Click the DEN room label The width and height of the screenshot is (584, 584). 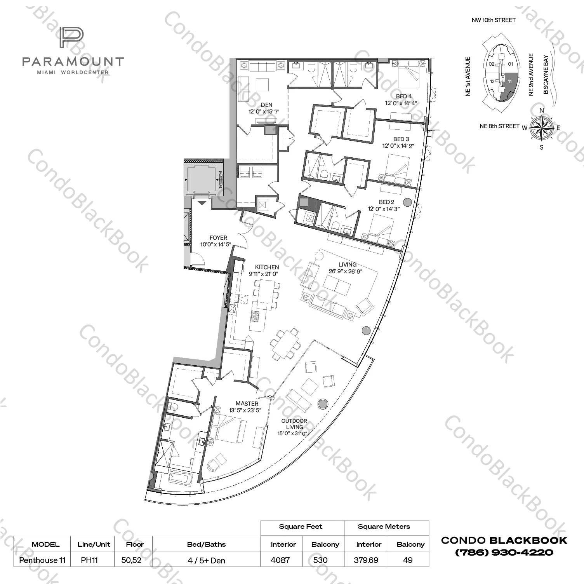266,105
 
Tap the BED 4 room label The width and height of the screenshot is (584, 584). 404,96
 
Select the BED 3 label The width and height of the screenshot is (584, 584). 401,139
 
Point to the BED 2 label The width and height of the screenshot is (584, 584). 386,202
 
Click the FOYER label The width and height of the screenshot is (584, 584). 218,238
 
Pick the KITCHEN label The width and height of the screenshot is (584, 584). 267,267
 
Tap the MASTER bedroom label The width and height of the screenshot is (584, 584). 247,404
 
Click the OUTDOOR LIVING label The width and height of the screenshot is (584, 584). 294,424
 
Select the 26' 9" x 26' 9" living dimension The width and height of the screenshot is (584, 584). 345,271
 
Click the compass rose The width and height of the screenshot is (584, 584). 542,128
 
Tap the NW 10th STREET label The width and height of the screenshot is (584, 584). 494,20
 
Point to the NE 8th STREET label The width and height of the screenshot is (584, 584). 499,126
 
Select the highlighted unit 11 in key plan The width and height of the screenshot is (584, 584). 509,84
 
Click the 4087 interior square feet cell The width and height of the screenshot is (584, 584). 280,560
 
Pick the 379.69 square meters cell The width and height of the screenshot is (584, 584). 366,560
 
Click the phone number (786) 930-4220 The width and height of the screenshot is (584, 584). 504,552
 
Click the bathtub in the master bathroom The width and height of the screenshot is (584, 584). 178,477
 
